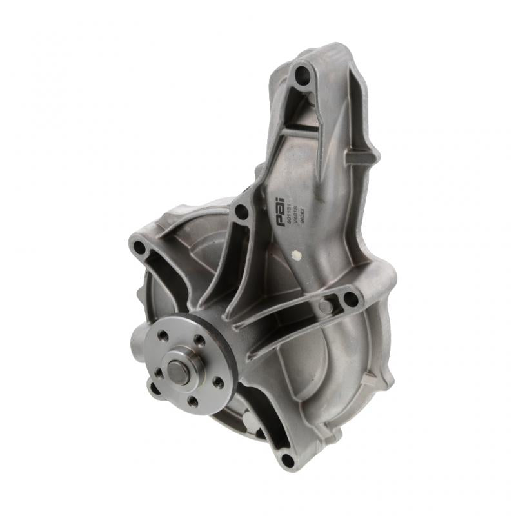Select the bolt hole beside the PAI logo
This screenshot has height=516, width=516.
coord(241,211)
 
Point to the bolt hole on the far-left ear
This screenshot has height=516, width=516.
coord(139,247)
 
